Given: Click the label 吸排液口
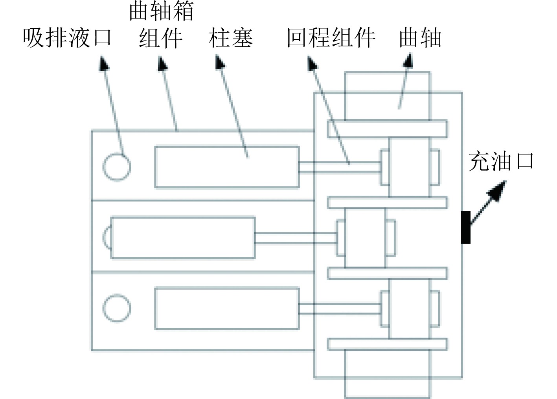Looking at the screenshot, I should point(67,38).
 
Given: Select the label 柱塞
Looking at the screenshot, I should point(231,38).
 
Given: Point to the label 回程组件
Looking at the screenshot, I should point(331,38).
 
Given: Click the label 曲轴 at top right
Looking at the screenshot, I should point(420,38).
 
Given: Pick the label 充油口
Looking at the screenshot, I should point(501,162).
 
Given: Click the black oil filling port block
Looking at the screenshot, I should point(465,227).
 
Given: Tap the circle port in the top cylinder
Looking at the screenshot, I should point(117,166).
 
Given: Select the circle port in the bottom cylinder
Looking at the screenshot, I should point(117,308).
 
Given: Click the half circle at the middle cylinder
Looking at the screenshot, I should point(107,237).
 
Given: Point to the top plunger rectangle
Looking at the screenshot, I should point(227,167).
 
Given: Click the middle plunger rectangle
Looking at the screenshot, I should point(183,237).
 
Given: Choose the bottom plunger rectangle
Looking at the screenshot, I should point(227,308).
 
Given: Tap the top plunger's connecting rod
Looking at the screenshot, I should point(339,167).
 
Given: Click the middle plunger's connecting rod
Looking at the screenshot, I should point(295,237).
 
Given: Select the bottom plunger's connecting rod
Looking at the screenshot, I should point(339,308).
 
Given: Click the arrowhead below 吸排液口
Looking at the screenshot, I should point(104,63).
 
